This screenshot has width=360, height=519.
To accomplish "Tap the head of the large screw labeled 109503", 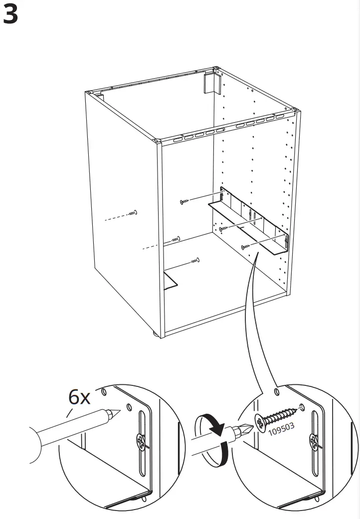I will tap(261, 422).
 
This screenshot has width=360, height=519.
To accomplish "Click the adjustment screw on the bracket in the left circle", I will tap(141, 441).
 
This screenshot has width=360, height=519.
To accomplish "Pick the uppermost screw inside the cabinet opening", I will tap(184, 201).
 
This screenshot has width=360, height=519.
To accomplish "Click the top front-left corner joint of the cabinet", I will tap(89, 92).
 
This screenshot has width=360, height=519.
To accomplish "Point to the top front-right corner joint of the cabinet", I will tap(157, 142).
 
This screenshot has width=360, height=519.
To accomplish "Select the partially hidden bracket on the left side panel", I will tap(170, 280).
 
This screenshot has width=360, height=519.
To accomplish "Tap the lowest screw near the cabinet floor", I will tap(195, 260).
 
